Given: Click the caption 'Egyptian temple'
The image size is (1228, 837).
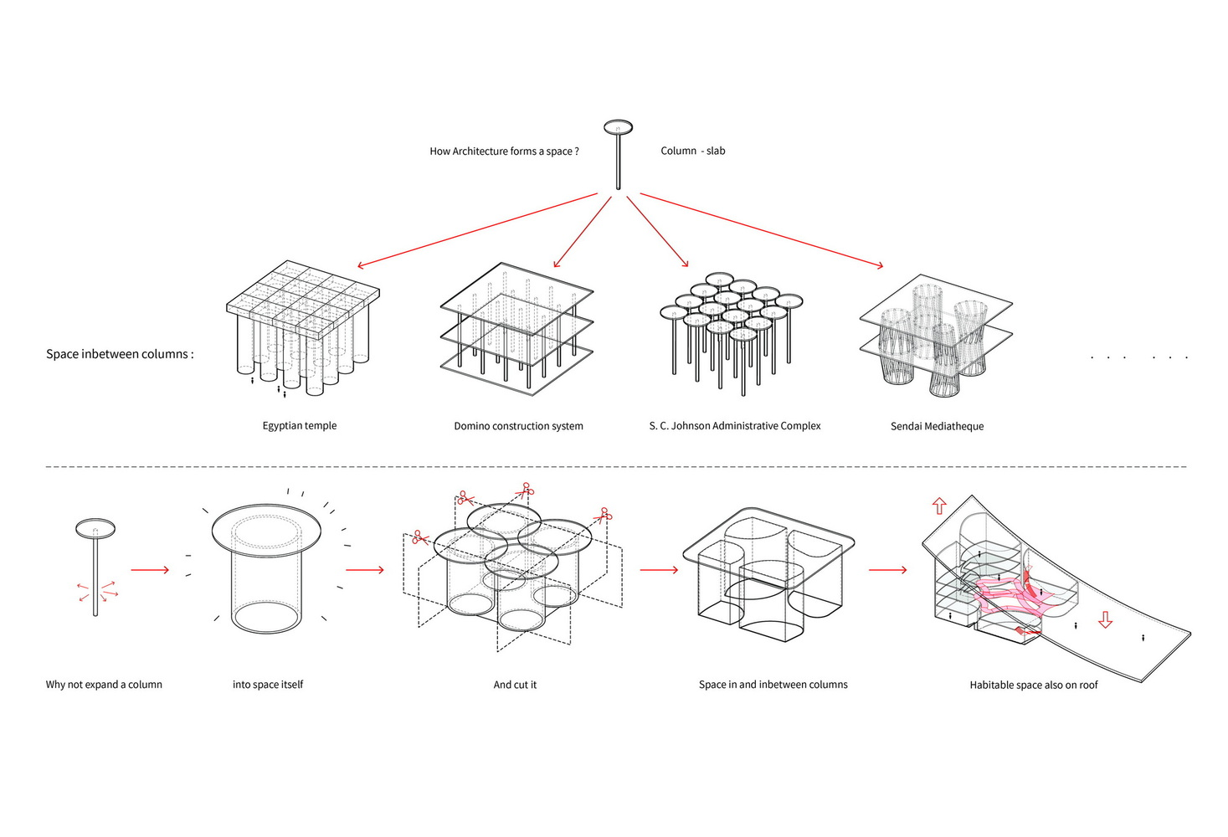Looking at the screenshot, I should (299, 425).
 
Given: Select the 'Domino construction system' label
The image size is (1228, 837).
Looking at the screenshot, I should (518, 426).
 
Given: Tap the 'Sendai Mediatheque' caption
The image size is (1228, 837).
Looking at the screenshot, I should (937, 426).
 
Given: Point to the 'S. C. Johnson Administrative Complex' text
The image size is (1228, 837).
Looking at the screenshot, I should (734, 426).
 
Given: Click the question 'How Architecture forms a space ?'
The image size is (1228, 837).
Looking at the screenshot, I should (504, 151).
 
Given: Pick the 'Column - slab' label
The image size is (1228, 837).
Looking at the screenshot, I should (692, 151).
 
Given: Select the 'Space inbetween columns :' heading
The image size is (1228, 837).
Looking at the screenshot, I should (120, 354).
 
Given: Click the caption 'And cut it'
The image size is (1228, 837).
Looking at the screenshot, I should (515, 685).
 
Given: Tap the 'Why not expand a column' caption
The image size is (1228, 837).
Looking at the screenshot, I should (104, 685).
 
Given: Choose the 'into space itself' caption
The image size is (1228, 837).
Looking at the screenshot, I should (268, 685).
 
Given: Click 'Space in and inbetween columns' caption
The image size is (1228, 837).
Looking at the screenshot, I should (773, 685).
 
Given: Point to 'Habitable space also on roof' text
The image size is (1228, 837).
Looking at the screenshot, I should (1033, 685).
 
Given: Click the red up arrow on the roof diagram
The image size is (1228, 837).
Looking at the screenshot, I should (939, 506).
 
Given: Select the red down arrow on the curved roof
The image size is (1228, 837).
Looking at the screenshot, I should (1105, 620).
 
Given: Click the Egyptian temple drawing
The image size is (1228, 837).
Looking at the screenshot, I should (301, 326).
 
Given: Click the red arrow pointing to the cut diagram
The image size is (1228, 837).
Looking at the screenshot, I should (364, 570).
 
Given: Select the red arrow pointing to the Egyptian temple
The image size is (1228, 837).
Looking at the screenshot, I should (477, 230).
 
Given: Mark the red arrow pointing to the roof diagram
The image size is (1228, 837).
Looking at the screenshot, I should (887, 570).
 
